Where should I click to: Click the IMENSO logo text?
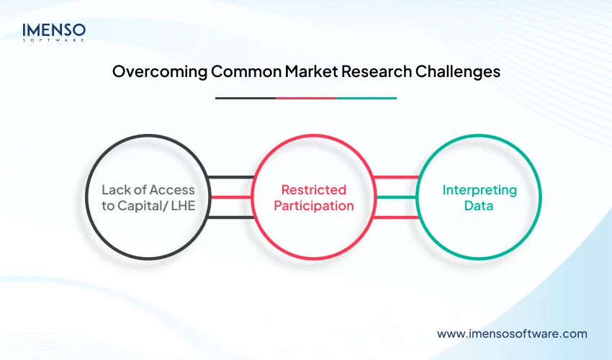(54, 30)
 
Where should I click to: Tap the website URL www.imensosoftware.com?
(512, 333)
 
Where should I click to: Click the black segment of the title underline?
(246, 98)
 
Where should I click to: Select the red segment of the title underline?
(306, 98)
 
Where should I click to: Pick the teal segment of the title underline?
(366, 98)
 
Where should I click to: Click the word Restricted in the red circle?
(313, 190)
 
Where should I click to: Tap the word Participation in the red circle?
(313, 206)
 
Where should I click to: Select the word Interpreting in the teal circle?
(480, 190)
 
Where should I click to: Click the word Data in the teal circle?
(480, 206)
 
